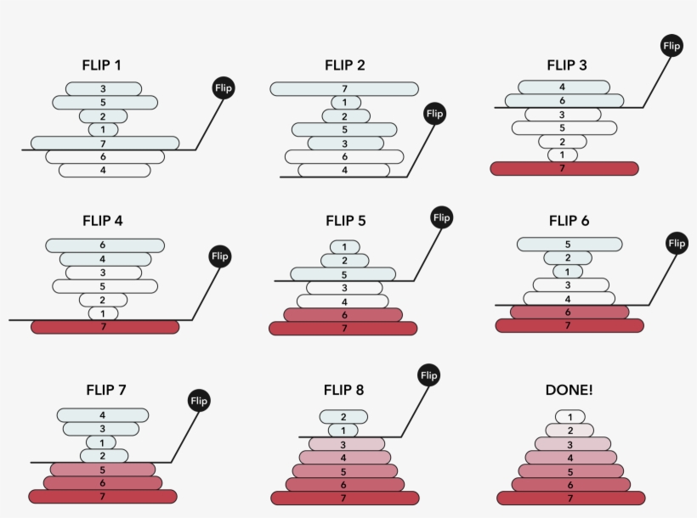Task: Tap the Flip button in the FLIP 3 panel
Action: point(671,46)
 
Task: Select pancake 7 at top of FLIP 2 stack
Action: point(344,88)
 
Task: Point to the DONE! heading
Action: point(569,390)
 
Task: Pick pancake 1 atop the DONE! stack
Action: point(569,417)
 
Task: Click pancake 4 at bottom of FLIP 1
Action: point(105,171)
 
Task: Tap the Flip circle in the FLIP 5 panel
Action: point(441,217)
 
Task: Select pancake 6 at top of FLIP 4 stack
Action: point(105,245)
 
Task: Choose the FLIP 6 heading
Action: point(569,221)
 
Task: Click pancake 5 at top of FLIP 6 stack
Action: point(567,244)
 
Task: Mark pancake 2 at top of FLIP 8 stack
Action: point(344,417)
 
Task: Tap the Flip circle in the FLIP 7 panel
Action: point(199,400)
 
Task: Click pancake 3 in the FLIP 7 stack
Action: point(102,429)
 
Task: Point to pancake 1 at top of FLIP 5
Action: point(344,247)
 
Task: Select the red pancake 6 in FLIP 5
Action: point(344,315)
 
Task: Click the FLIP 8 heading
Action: point(344,390)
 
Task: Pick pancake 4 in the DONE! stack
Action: point(569,458)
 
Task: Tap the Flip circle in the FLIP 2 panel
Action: point(433,113)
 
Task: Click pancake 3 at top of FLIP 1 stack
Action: point(104,88)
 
